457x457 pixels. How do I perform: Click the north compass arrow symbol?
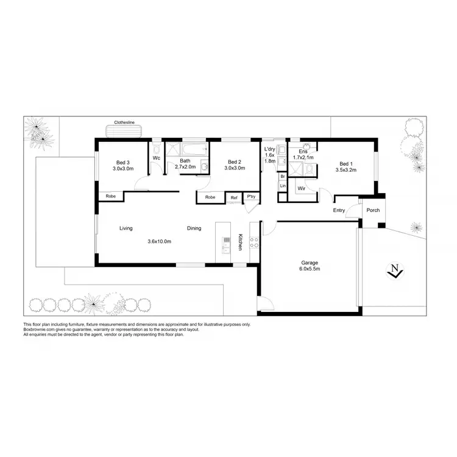(395, 270)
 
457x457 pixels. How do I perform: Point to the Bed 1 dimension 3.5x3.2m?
(345, 170)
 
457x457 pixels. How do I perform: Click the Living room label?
(126, 228)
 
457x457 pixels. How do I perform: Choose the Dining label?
(194, 228)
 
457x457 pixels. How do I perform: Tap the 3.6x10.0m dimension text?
(159, 241)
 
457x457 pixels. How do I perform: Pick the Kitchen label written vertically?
(241, 242)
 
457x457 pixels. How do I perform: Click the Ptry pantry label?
(251, 196)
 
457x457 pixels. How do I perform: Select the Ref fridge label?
(233, 197)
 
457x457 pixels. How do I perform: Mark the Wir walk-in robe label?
(301, 189)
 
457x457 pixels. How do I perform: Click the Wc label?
(156, 158)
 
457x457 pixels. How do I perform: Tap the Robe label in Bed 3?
(111, 196)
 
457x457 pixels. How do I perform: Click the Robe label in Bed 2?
(210, 197)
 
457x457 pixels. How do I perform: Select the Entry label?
(339, 211)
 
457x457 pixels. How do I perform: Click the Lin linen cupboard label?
(283, 186)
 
